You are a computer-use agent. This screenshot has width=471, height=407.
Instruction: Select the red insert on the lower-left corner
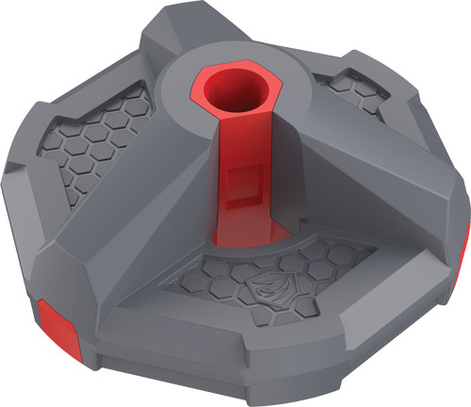coord(55,319)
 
